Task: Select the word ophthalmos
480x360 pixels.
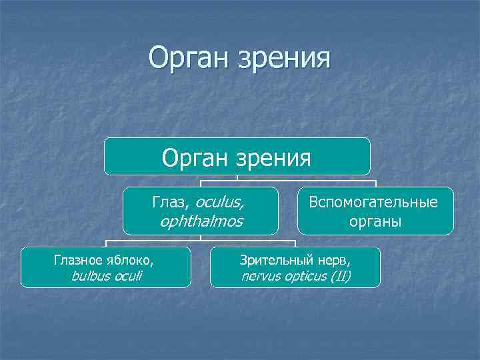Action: pos(201,221)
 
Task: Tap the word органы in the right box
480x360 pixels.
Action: pos(375,221)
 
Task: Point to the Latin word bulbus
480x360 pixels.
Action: pos(89,275)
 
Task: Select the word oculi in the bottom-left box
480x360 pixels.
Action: pos(128,275)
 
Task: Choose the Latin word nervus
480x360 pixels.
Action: pos(259,275)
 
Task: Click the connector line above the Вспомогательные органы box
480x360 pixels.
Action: pos(376,183)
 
